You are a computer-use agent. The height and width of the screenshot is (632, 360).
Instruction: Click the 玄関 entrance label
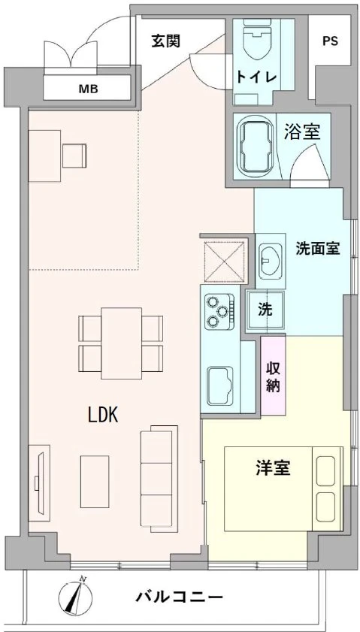(x=165, y=41)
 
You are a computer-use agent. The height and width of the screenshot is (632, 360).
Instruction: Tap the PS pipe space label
(x=330, y=42)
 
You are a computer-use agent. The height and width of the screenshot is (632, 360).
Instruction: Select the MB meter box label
(x=89, y=90)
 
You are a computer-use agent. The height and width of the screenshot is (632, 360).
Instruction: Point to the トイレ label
(x=256, y=77)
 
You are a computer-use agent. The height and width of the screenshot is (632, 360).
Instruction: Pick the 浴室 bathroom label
(x=302, y=133)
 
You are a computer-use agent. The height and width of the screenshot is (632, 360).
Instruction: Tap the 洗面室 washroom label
(x=318, y=249)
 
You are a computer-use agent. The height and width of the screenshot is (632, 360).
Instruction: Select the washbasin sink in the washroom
(x=268, y=259)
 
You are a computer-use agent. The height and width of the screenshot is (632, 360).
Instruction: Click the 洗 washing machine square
(x=265, y=308)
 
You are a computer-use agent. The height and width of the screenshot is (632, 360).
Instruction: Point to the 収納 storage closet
(x=273, y=376)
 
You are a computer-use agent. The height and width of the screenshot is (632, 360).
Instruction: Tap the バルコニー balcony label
(x=179, y=598)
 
